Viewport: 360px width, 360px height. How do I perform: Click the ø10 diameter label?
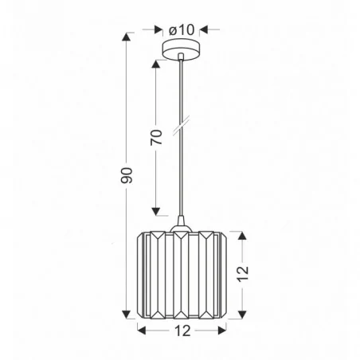[182, 29]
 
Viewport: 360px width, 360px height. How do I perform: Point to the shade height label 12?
[244, 273]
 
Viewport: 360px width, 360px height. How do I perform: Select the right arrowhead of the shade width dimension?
[224, 328]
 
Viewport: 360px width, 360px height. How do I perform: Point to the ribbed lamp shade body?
[182, 275]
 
